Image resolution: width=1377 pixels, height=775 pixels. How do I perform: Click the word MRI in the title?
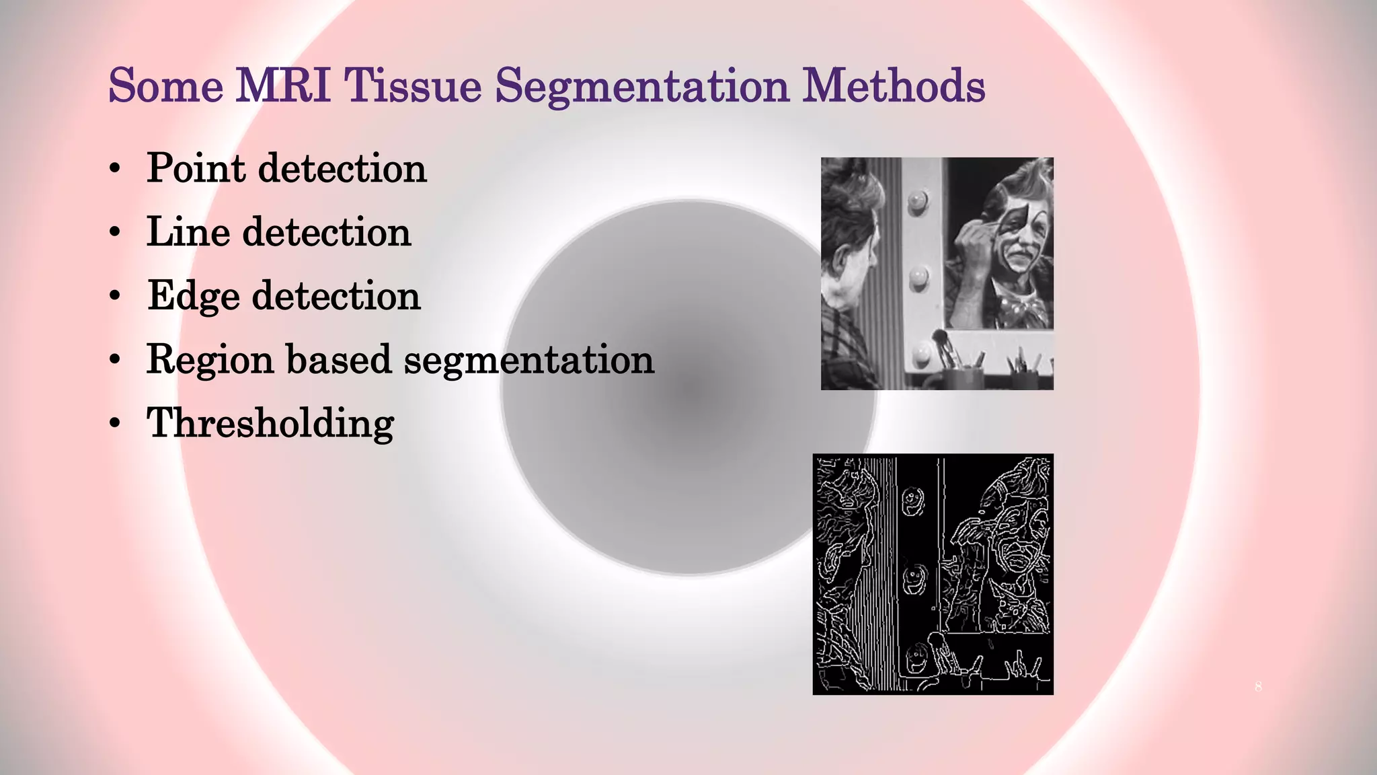tap(283, 86)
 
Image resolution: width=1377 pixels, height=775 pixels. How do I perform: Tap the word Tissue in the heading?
tap(413, 86)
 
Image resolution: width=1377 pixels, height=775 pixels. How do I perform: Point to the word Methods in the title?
tap(894, 86)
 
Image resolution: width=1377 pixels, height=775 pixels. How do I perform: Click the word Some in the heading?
tap(166, 86)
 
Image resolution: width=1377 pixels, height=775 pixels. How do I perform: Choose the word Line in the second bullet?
tap(188, 231)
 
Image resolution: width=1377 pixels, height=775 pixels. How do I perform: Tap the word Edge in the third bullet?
tap(193, 296)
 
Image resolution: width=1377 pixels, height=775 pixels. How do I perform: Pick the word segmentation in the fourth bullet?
tap(528, 360)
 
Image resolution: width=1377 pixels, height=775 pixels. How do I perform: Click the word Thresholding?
tap(270, 423)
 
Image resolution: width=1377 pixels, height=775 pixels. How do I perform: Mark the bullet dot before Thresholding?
tap(116, 424)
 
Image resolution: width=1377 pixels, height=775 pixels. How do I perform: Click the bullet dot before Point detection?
tap(116, 169)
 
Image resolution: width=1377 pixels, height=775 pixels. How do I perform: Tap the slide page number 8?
tap(1258, 687)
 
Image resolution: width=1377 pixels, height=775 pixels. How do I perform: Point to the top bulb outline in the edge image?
tap(912, 501)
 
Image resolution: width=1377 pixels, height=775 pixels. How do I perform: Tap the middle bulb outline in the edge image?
tap(914, 579)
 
